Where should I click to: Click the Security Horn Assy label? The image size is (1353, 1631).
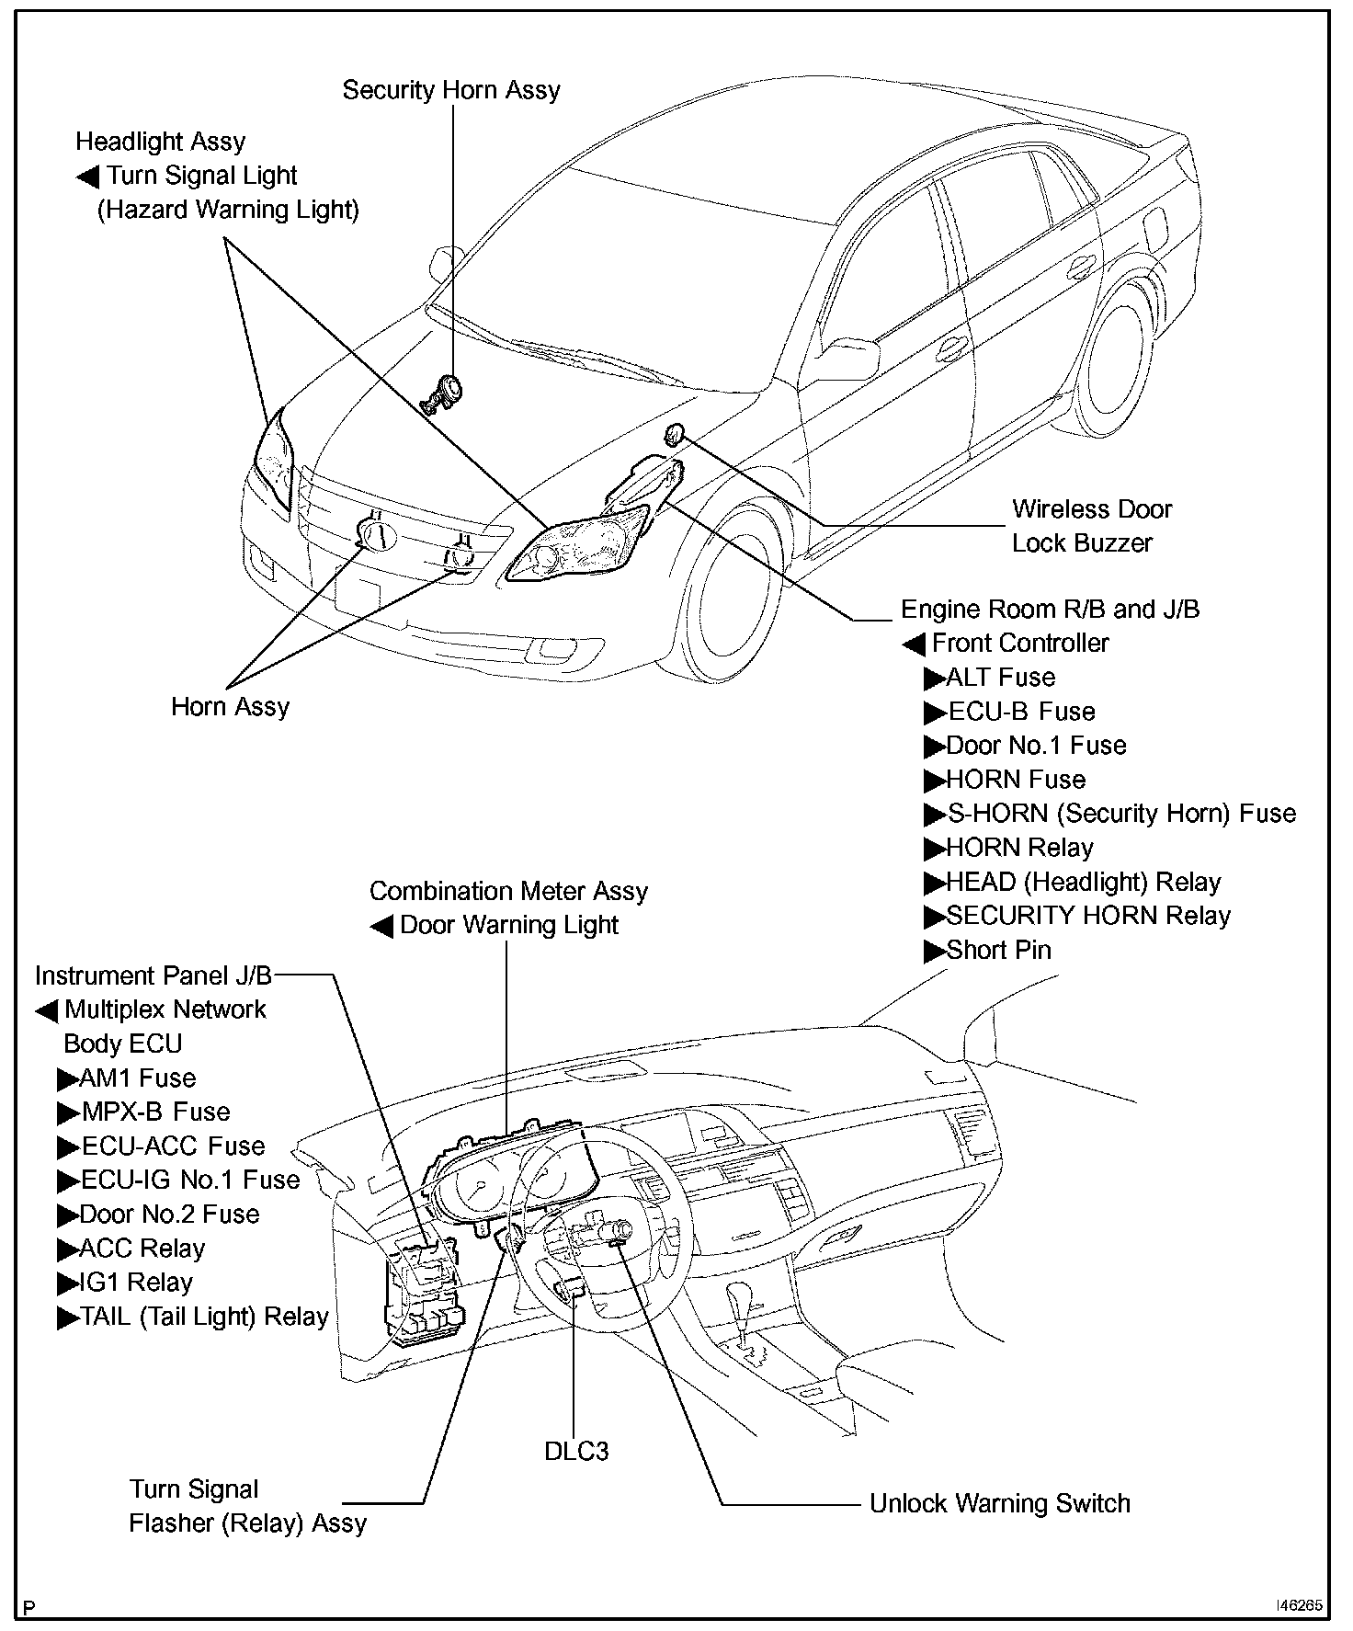[x=450, y=90]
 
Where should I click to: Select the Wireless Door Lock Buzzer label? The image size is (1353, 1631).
[x=1091, y=526]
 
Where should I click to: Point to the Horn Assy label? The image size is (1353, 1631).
[x=230, y=707]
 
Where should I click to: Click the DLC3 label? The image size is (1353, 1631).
[x=576, y=1452]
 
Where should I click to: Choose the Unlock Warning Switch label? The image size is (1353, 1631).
[x=999, y=1504]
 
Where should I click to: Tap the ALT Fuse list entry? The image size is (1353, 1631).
[x=1000, y=678]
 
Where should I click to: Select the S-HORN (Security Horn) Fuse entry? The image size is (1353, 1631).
[x=1120, y=814]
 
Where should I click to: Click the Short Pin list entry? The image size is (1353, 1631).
[x=998, y=950]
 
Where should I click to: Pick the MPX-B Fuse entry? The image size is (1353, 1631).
[x=154, y=1112]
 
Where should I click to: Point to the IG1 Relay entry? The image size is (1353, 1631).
[x=135, y=1283]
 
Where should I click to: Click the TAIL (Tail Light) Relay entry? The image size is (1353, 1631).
[x=203, y=1317]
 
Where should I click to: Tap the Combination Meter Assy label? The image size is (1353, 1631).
[x=508, y=891]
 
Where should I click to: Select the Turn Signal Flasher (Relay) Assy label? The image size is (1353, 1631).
[x=247, y=1506]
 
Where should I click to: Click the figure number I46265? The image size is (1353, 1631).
[x=1299, y=1605]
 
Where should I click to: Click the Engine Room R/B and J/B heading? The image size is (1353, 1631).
[x=1050, y=610]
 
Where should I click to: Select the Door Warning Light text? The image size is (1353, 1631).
[x=508, y=925]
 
